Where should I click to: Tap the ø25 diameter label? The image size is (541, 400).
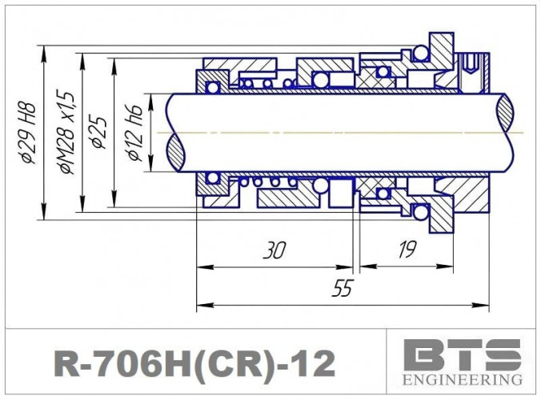99,131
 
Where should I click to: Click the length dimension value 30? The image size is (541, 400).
274,251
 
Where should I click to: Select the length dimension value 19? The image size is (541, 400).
407,250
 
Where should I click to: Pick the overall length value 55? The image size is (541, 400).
342,290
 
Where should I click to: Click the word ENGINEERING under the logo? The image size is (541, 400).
462,378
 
